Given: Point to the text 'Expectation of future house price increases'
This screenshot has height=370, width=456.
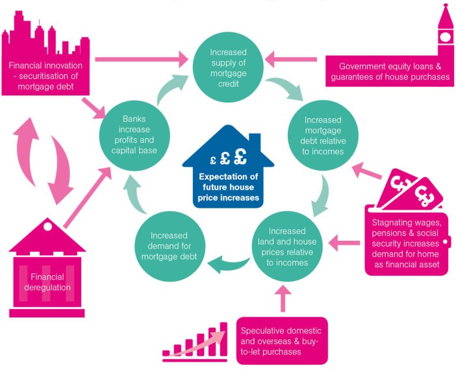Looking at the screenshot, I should (x=229, y=186).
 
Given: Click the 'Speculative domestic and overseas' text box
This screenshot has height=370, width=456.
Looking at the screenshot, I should (x=282, y=340).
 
